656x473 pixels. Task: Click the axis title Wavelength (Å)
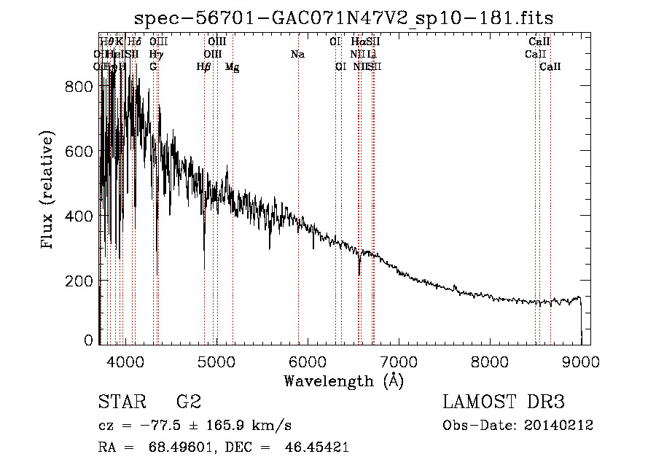[343, 380]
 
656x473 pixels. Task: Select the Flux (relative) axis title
[49, 191]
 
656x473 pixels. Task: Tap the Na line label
[297, 55]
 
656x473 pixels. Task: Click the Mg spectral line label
[232, 67]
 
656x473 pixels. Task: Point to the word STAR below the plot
[121, 402]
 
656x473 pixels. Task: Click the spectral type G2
[189, 402]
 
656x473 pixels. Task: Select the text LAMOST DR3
[503, 402]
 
